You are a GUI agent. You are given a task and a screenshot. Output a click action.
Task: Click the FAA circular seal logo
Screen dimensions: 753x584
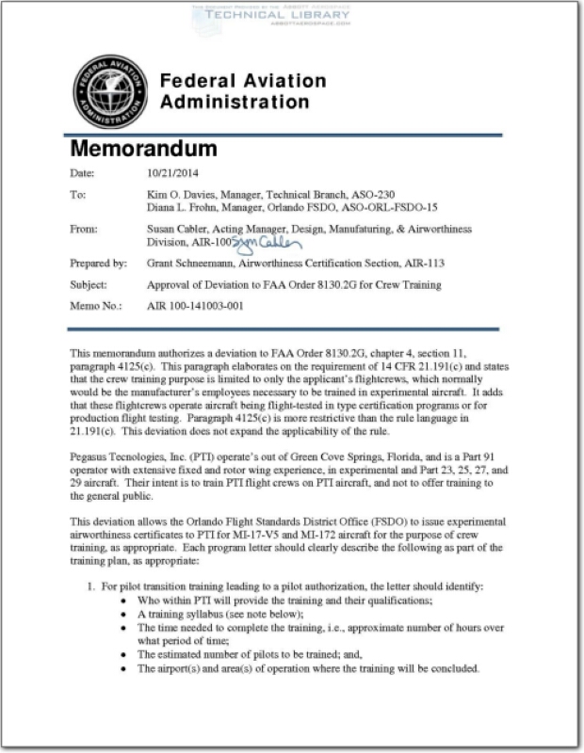(109, 91)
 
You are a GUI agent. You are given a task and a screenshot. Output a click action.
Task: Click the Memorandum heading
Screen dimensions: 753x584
(144, 150)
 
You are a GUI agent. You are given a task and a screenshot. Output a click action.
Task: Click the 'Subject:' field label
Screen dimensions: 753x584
(90, 284)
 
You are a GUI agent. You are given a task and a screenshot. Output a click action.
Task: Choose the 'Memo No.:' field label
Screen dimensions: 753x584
(95, 306)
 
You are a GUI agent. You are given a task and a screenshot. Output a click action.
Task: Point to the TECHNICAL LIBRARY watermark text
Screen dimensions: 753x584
(274, 16)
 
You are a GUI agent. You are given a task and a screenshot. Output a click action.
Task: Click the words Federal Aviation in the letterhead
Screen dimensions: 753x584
(243, 81)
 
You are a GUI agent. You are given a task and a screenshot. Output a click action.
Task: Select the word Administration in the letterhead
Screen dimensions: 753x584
(235, 102)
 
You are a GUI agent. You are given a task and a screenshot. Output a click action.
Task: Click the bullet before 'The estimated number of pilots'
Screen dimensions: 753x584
(126, 654)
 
